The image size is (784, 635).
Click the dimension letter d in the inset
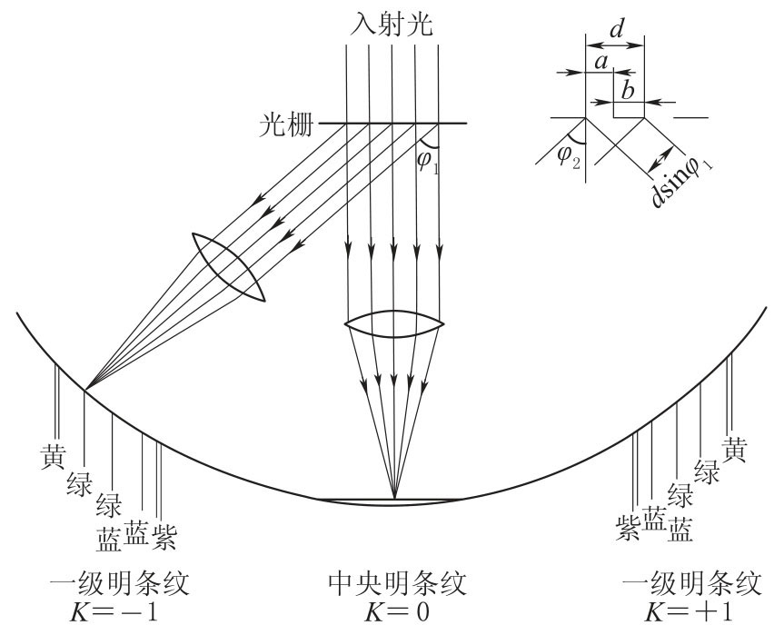point(616,28)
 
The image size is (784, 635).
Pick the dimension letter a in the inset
point(599,62)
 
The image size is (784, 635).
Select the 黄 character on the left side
point(51,454)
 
